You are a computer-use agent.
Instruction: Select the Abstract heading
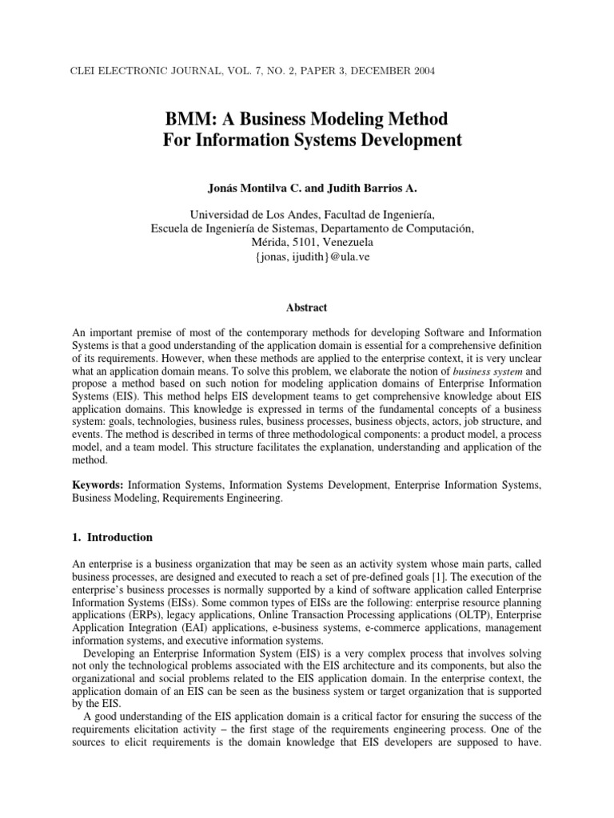[x=307, y=307]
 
